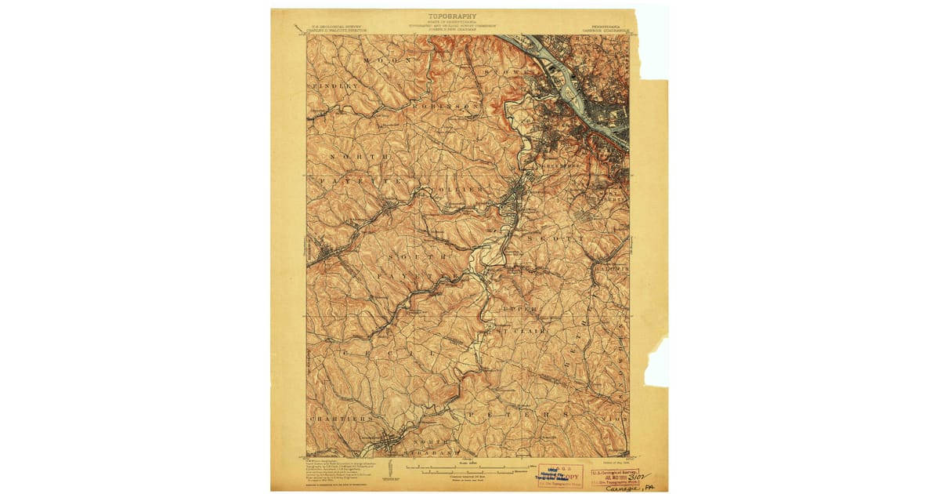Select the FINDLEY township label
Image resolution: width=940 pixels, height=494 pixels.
(337, 85)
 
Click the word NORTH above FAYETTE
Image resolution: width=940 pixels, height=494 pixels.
(357, 158)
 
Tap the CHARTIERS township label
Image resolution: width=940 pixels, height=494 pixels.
(342, 419)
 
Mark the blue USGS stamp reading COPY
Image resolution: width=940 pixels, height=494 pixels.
(560, 475)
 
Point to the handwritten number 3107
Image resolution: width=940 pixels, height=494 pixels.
(640, 474)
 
